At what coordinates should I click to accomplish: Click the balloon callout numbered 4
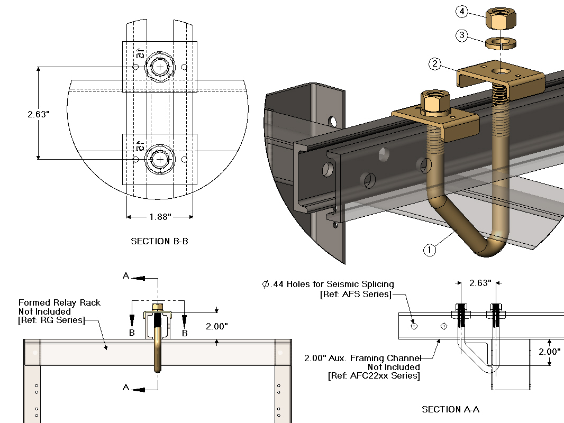point(461,12)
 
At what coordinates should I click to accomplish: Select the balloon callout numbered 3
point(462,35)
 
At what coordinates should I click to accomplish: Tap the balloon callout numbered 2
point(435,65)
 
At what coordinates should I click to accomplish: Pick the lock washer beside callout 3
point(500,42)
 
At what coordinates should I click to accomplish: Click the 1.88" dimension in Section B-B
point(159,216)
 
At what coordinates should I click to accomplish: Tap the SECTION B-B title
point(159,241)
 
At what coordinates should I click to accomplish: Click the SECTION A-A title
point(450,409)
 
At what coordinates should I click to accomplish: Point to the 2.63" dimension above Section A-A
point(480,283)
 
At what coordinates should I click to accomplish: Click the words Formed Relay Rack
point(59,303)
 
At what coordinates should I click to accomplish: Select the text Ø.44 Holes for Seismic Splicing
point(328,284)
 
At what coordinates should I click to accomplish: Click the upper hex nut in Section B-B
point(160,67)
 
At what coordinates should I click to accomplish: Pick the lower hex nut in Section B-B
point(160,159)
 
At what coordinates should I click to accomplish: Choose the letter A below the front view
point(126,388)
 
